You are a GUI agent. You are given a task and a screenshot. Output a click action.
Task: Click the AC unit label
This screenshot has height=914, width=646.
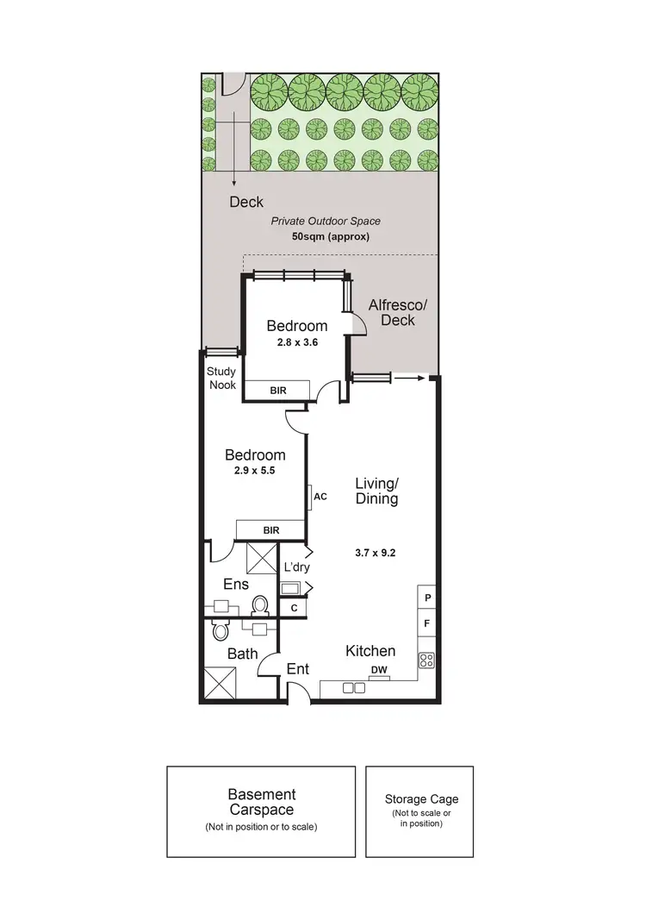pos(320,497)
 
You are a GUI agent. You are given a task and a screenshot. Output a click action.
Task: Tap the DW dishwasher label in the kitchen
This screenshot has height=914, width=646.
pos(378,670)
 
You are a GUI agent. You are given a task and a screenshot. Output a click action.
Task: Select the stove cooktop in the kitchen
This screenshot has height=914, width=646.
pos(425,660)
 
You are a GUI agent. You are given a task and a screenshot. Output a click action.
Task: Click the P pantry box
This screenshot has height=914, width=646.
pos(427,597)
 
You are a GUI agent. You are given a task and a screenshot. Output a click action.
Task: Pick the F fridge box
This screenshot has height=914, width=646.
pos(427,621)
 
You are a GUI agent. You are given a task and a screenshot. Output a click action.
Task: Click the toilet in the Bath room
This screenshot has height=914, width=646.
pos(221,630)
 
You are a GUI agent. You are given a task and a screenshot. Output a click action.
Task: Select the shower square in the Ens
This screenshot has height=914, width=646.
pos(262,559)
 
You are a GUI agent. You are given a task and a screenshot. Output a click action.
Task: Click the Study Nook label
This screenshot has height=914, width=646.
pos(221,379)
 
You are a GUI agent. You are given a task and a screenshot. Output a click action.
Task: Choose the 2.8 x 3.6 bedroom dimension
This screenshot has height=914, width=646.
pos(296,342)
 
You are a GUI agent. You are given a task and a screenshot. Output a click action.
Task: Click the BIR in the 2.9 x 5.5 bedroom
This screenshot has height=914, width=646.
pos(271,530)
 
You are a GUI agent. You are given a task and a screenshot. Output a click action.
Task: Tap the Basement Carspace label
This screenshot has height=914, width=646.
pos(260,803)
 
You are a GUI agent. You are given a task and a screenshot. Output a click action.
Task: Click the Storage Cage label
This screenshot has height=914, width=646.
pos(421,799)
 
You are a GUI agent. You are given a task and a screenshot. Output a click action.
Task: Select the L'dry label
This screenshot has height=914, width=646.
pos(296,567)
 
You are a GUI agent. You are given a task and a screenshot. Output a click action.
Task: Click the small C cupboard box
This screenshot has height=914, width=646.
pos(294,608)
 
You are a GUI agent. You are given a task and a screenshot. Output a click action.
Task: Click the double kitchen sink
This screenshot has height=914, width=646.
pos(352,688)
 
